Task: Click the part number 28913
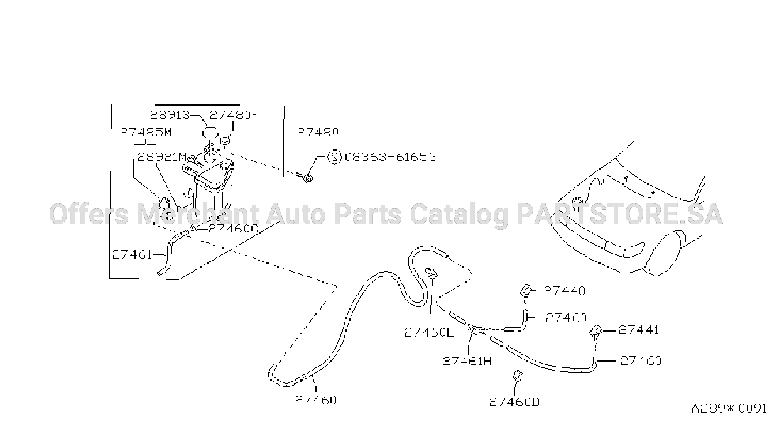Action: pyautogui.click(x=170, y=115)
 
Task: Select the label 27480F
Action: pyautogui.click(x=234, y=115)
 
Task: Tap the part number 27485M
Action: pyautogui.click(x=146, y=133)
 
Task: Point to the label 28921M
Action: pyautogui.click(x=162, y=157)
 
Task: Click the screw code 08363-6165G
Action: pyautogui.click(x=391, y=157)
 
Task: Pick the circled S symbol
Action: pyautogui.click(x=334, y=157)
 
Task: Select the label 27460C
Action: pyautogui.click(x=233, y=229)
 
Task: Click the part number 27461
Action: pyautogui.click(x=133, y=254)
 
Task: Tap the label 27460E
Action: pyautogui.click(x=430, y=332)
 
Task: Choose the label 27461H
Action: pyautogui.click(x=467, y=361)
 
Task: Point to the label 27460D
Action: pyautogui.click(x=514, y=402)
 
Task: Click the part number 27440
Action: pyautogui.click(x=565, y=291)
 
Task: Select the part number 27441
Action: pyautogui.click(x=639, y=330)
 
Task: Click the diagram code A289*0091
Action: pyautogui.click(x=729, y=409)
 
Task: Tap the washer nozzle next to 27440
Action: pyautogui.click(x=526, y=292)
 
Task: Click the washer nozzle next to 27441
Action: pyautogui.click(x=596, y=332)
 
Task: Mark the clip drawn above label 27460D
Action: pyautogui.click(x=518, y=376)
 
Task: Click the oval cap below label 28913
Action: pyautogui.click(x=210, y=133)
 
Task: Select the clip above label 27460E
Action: pyautogui.click(x=432, y=273)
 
